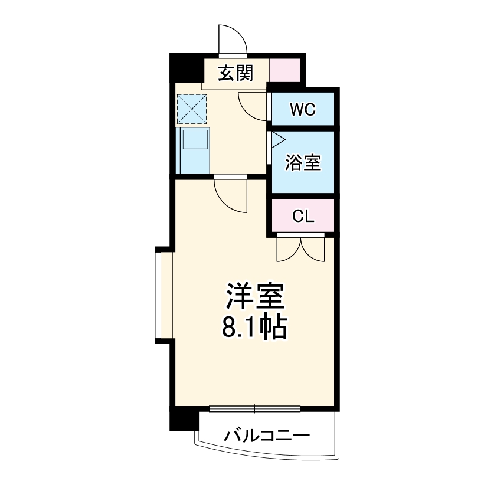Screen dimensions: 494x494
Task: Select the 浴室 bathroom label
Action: (x=303, y=162)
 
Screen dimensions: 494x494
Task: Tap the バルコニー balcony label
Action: (x=267, y=437)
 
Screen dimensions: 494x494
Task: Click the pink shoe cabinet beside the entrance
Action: (x=286, y=70)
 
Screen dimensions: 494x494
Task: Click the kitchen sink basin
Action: (x=194, y=140)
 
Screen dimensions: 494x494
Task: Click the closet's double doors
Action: (x=300, y=248)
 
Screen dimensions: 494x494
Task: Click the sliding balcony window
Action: (x=255, y=408)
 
